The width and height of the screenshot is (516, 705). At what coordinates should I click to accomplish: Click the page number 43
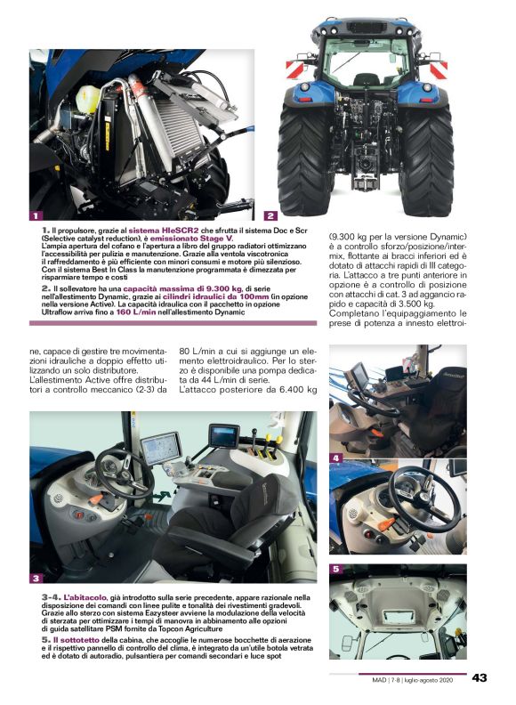click(480, 678)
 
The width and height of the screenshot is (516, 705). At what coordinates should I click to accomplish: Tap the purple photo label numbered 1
click(36, 215)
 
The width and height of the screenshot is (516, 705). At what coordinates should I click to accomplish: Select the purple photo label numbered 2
click(270, 215)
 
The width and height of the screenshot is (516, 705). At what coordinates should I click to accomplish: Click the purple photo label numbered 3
click(36, 579)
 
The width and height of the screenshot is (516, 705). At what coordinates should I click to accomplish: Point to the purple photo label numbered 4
click(335, 458)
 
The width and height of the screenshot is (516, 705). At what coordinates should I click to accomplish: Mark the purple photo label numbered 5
click(335, 568)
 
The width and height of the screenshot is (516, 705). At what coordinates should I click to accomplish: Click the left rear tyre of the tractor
click(302, 160)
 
